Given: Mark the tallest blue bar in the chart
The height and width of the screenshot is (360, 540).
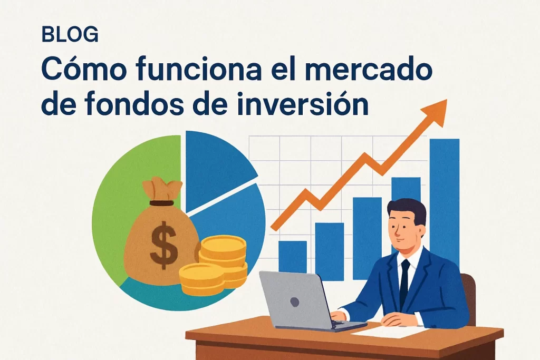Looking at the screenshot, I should coord(444,200).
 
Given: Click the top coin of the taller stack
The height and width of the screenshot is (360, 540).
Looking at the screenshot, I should coord(224,244).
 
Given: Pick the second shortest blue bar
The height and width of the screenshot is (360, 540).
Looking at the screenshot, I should coord(329,251).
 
